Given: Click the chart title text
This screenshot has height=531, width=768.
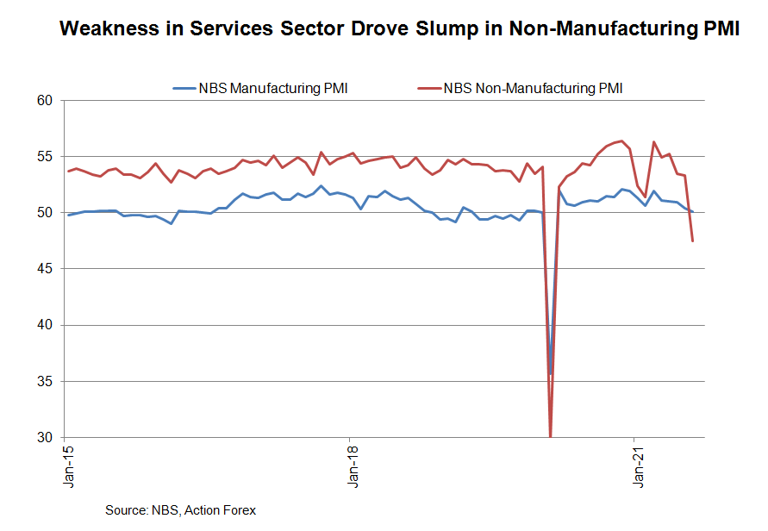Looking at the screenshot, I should click(x=399, y=29).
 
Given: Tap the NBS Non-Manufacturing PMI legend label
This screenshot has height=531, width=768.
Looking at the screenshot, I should click(x=532, y=88).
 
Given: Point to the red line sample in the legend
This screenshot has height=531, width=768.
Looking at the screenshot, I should click(x=428, y=88).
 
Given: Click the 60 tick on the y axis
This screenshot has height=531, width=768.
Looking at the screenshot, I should click(x=46, y=101).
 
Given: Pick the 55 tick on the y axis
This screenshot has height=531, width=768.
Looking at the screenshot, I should click(x=46, y=157).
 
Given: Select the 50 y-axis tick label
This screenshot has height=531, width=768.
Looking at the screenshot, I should click(x=46, y=213).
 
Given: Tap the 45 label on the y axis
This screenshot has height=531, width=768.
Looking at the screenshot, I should click(x=46, y=269).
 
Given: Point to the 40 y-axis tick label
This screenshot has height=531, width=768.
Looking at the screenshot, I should click(x=46, y=325).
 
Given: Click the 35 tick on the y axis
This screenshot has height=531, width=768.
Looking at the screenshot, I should click(x=46, y=381).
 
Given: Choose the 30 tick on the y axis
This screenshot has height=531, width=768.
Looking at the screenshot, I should click(x=46, y=437).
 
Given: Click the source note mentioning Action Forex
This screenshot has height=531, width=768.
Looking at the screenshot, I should click(x=180, y=510).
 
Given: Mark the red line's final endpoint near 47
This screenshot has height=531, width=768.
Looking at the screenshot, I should click(x=693, y=241).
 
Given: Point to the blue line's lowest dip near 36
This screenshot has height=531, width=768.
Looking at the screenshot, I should click(x=551, y=373).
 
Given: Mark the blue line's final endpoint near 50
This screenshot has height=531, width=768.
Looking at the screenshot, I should click(x=693, y=212).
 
